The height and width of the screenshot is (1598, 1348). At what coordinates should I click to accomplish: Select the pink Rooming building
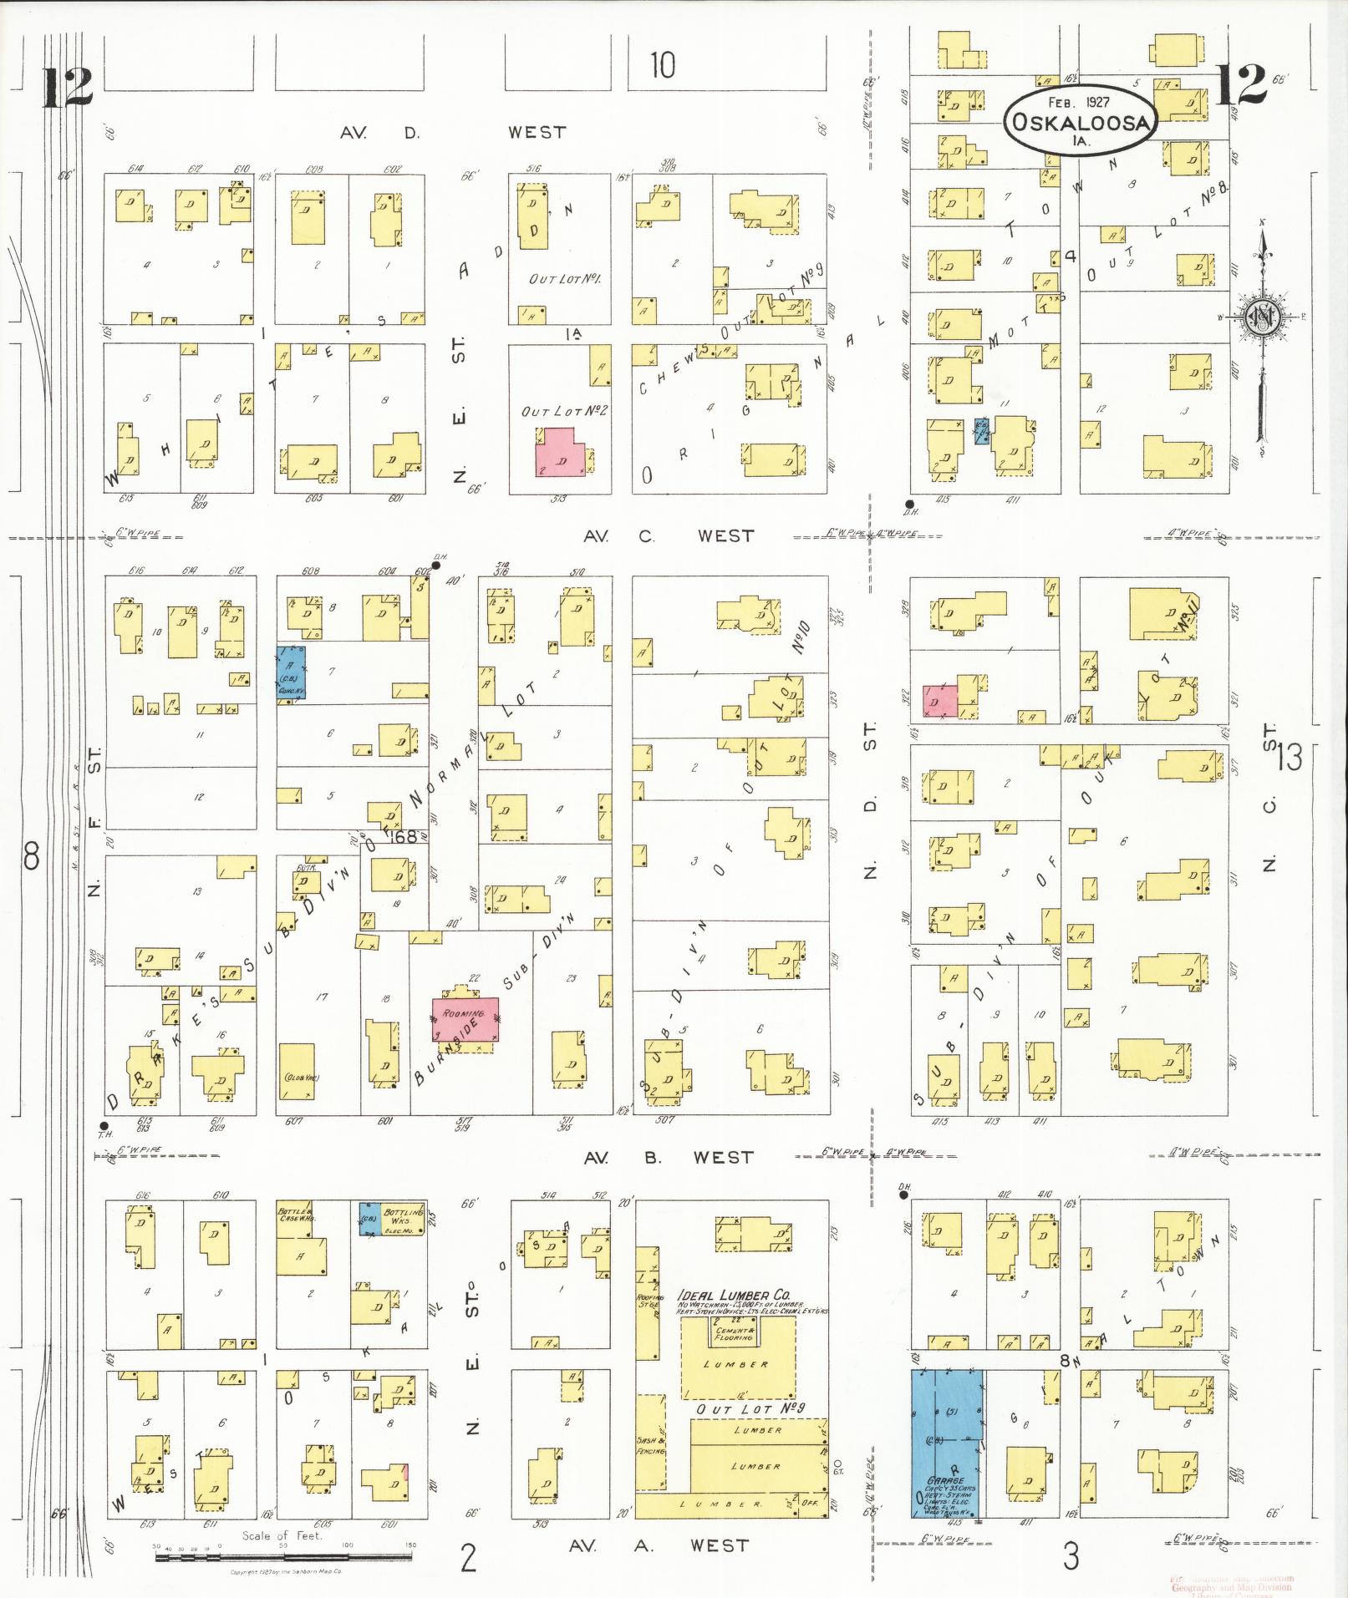465,1018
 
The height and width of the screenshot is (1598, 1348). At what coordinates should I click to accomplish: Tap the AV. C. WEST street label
668,535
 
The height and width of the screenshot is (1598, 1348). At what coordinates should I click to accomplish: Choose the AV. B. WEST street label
668,1157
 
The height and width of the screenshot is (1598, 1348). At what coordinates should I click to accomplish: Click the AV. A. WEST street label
659,1545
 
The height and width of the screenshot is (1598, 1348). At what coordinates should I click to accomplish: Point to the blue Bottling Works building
369,1219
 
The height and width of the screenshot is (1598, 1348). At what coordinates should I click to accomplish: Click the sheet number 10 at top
662,65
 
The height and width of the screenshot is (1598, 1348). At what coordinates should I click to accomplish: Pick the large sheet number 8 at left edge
32,856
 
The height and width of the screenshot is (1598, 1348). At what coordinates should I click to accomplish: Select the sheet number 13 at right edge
1289,758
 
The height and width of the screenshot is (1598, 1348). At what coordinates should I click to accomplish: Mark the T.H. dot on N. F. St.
104,1125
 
